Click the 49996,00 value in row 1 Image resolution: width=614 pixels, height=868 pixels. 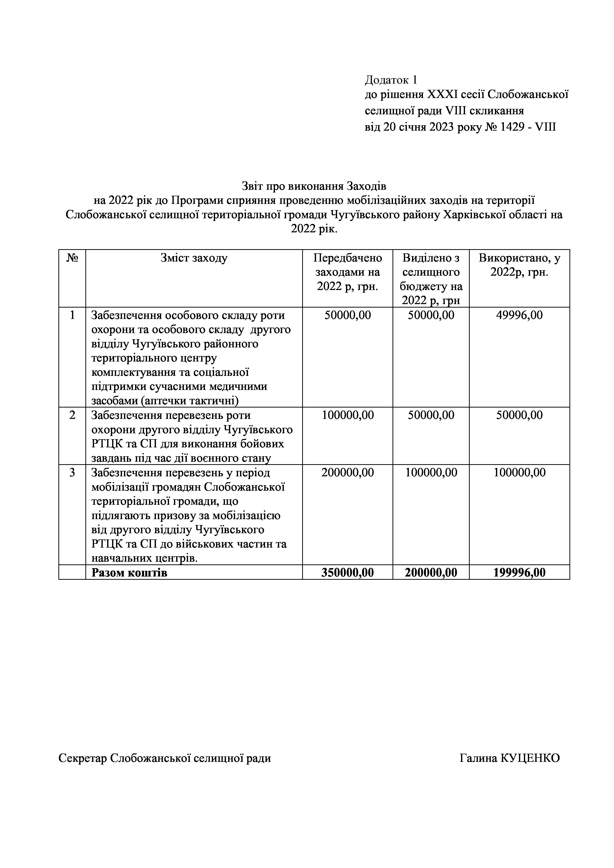(519, 315)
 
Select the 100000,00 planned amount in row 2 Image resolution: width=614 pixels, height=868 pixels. (347, 415)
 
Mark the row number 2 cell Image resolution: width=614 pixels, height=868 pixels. (72, 415)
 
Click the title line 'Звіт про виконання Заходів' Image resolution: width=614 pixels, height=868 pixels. (314, 186)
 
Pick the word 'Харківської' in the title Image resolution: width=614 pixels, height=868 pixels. (474, 215)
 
